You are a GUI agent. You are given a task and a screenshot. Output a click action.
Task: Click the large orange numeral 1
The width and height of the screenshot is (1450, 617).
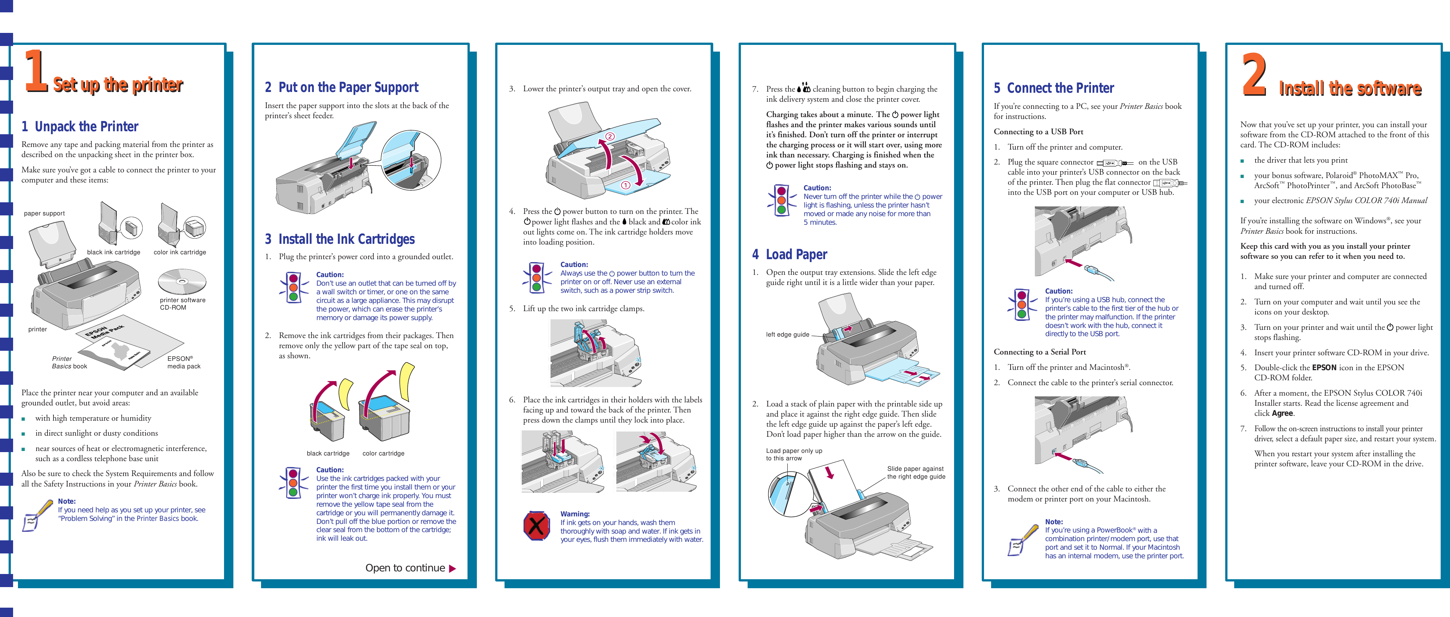(36, 71)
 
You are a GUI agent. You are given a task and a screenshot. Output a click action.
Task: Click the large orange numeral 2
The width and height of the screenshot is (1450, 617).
(1254, 75)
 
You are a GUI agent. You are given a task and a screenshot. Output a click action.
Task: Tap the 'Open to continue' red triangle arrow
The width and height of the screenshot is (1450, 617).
(452, 569)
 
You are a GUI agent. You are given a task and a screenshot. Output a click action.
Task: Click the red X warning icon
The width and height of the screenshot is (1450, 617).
(536, 526)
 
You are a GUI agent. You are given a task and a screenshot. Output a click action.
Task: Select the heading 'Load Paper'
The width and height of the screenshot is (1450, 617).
(796, 254)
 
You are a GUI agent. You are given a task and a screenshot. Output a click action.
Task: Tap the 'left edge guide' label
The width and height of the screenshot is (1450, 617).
(787, 334)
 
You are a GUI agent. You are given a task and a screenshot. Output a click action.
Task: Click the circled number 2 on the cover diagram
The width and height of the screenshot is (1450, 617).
(610, 136)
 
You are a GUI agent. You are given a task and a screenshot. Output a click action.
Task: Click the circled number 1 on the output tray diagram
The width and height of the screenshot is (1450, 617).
(625, 185)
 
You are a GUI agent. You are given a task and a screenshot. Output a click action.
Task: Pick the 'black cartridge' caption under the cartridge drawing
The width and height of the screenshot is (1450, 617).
(328, 453)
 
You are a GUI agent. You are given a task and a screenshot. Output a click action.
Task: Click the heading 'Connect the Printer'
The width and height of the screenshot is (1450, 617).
(1060, 88)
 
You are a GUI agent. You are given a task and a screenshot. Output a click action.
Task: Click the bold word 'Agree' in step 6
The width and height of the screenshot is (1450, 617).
(1282, 413)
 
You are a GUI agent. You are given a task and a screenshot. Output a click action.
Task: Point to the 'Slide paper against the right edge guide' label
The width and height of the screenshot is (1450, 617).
(916, 472)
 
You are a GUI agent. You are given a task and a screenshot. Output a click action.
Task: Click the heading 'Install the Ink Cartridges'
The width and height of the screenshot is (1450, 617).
(346, 239)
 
